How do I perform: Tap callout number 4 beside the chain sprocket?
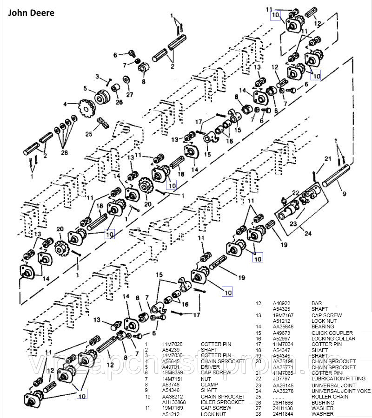pos(66,104)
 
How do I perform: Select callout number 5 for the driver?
pos(86,88)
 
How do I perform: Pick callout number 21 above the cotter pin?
pos(328,159)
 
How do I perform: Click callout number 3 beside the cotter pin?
pos(97,76)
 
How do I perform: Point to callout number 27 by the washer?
pos(129,95)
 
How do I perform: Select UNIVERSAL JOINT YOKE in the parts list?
pos(341,391)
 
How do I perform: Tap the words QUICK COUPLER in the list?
pos(332,333)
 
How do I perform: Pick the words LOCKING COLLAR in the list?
pos(333,339)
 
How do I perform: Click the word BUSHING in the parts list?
pos(323,402)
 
